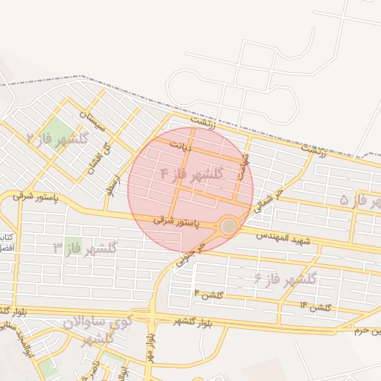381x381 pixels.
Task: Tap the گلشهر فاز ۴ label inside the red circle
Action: (193, 174)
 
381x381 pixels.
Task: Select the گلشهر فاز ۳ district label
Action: (86, 248)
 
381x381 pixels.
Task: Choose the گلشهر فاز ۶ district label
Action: (286, 279)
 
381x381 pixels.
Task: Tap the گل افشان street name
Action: (92, 156)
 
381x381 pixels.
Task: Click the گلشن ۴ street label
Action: (209, 295)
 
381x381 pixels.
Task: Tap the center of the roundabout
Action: (228, 225)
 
